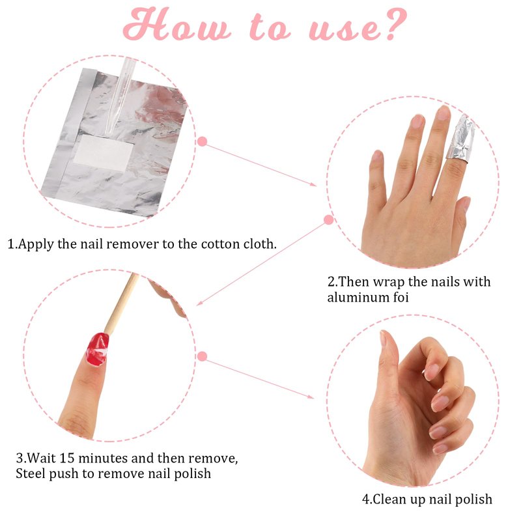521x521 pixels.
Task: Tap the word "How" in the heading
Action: [x=176, y=24]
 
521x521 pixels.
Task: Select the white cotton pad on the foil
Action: [x=104, y=152]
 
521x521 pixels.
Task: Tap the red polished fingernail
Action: [x=97, y=349]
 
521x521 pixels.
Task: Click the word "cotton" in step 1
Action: [x=220, y=244]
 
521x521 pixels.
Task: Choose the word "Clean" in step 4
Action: [x=388, y=499]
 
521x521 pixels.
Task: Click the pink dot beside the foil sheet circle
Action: [x=202, y=141]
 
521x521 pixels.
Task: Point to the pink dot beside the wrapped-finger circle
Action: [x=329, y=219]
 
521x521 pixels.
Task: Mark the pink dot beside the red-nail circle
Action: [x=202, y=356]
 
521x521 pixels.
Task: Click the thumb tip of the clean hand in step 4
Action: [x=384, y=335]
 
